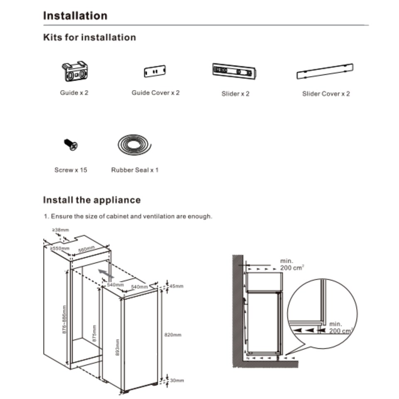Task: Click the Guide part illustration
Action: point(75,71)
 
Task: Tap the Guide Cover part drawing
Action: point(155,71)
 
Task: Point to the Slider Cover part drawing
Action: point(325,71)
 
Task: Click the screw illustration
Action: point(71,145)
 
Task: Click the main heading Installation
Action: point(75,16)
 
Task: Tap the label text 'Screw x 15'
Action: point(71,170)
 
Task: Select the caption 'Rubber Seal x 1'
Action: point(135,170)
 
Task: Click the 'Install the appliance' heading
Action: point(92,200)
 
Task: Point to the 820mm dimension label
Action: point(173,335)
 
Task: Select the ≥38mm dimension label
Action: point(60,229)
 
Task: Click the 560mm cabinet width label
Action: point(87,250)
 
